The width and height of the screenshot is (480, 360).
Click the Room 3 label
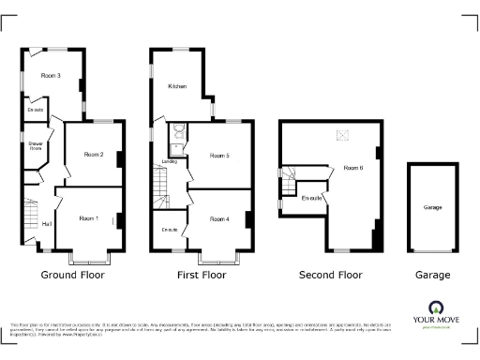point(51,75)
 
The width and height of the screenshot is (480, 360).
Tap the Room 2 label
point(93,154)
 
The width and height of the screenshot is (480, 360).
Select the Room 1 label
point(90,218)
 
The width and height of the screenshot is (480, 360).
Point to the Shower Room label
point(35,145)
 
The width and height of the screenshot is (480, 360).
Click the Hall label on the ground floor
point(47,224)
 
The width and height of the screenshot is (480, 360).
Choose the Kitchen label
point(177,86)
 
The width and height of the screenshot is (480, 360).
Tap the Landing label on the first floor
point(170,162)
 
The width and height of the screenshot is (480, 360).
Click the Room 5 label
point(218,155)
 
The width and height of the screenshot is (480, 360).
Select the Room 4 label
point(218,219)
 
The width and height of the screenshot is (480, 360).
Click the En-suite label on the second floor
point(311,198)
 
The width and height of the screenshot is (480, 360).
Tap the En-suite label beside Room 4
point(170,230)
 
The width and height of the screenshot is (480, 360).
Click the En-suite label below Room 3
point(36,110)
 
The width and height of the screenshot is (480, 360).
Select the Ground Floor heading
point(72,276)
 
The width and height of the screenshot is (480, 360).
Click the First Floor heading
point(202,276)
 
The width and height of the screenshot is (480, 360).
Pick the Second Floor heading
point(330,276)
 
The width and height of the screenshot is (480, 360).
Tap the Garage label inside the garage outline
point(432,207)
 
